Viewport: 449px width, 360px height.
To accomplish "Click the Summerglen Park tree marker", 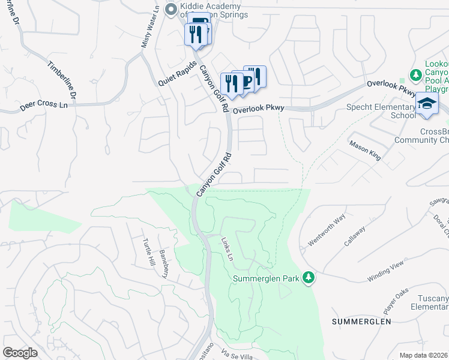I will pyautogui.click(x=308, y=277).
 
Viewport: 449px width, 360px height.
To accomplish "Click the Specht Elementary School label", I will pyautogui.click(x=381, y=111).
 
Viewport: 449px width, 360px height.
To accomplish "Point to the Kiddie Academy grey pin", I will pyautogui.click(x=170, y=9).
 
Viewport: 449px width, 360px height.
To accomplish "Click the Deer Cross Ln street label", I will pyautogui.click(x=43, y=106).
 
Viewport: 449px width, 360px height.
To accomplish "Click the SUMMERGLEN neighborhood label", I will pyautogui.click(x=361, y=322).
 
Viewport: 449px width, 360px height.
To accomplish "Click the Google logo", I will pyautogui.click(x=20, y=353).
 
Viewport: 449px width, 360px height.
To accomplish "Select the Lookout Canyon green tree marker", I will pyautogui.click(x=415, y=75).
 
